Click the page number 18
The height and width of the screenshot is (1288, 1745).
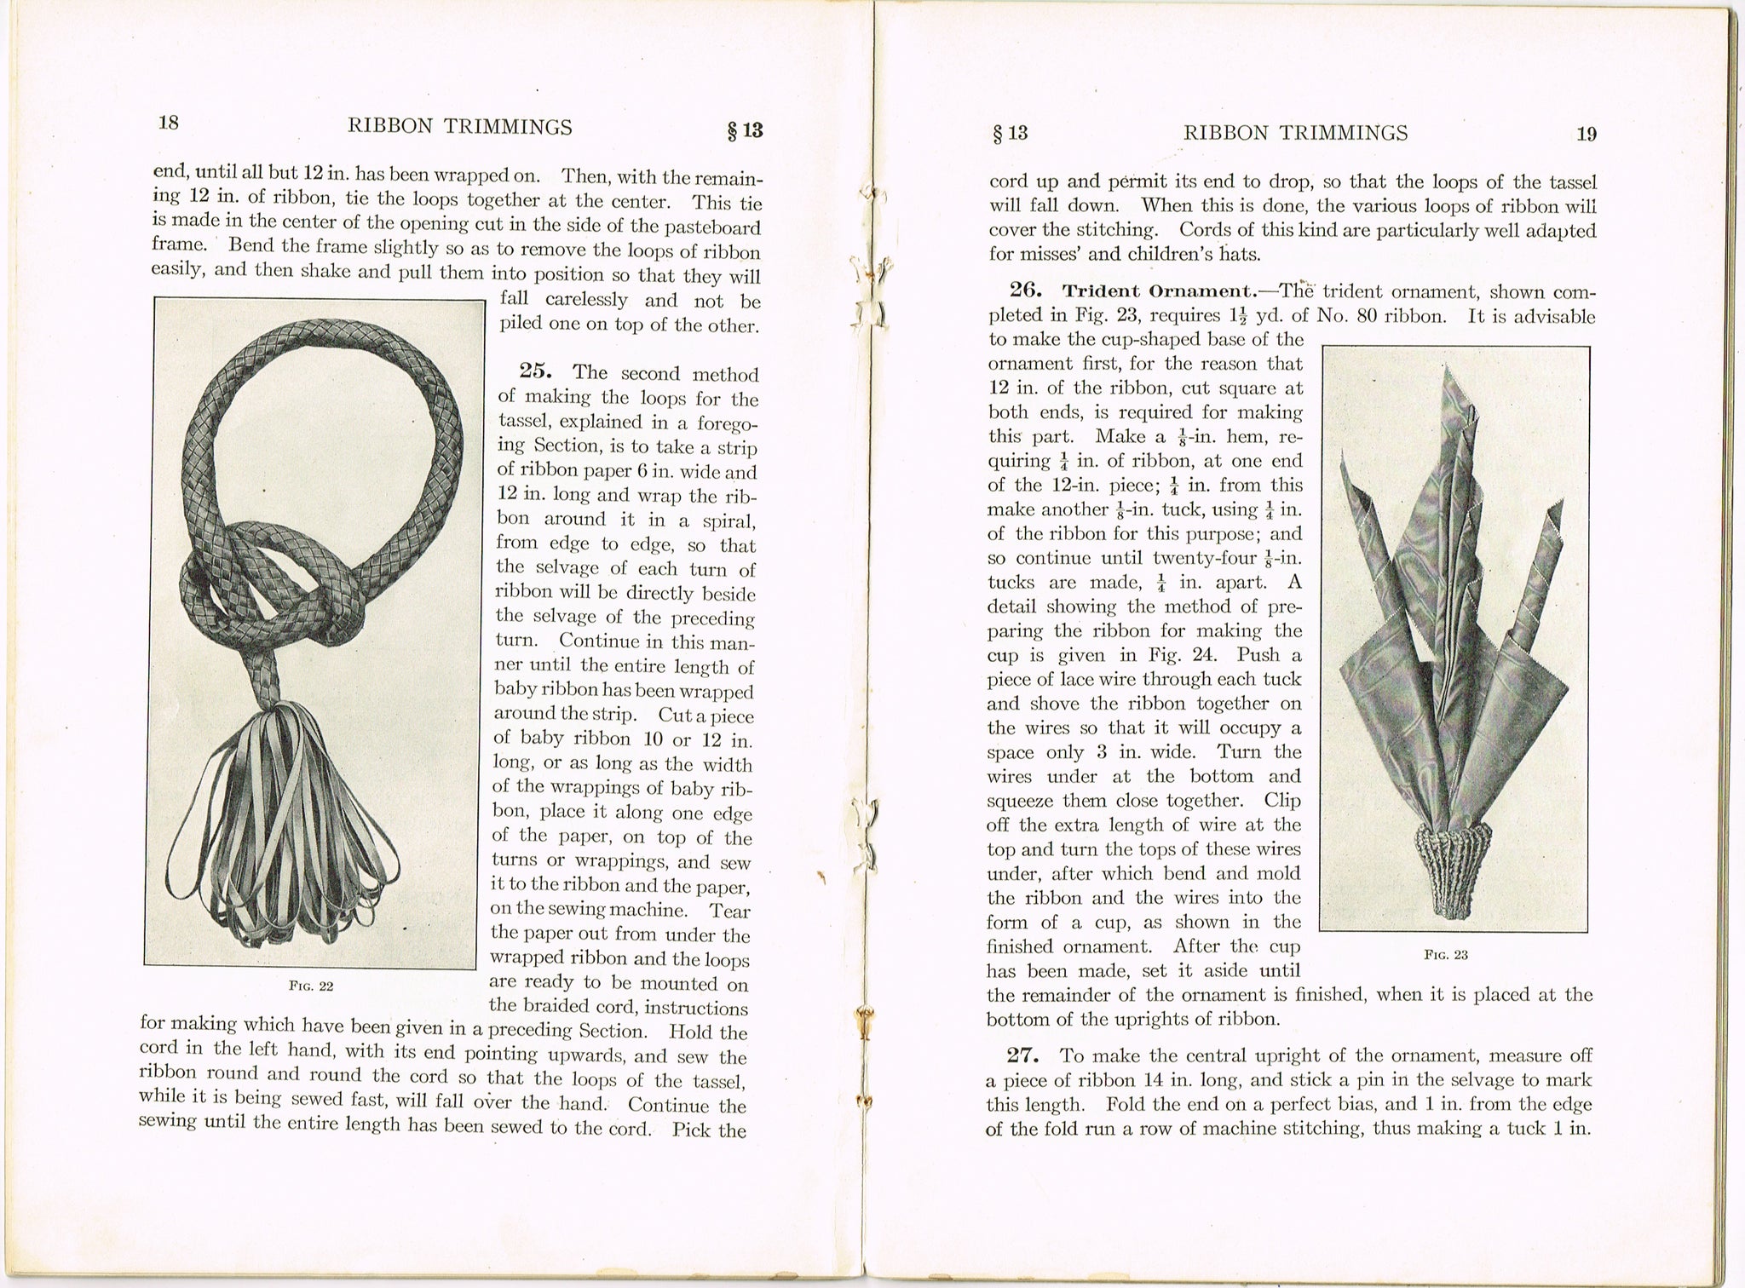click(169, 123)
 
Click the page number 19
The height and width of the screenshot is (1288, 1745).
click(1586, 134)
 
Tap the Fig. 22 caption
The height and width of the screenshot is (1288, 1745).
click(311, 986)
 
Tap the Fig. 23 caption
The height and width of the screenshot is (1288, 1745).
click(1446, 954)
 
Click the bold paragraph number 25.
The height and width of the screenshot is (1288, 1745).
click(537, 371)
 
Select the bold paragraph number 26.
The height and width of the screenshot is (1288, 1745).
click(1026, 290)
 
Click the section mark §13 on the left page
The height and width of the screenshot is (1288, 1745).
click(743, 130)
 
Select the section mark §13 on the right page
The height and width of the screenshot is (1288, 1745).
click(1011, 133)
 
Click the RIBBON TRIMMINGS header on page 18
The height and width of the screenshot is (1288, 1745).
click(460, 127)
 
